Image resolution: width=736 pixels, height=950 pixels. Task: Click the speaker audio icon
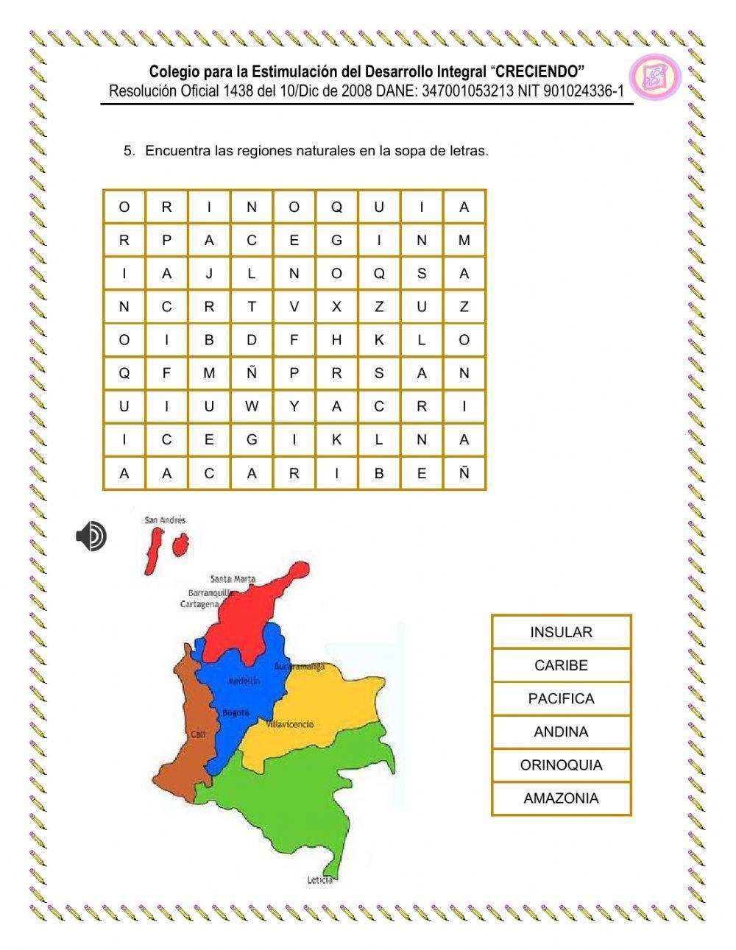pos(91,536)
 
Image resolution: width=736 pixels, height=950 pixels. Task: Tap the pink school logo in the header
pos(654,77)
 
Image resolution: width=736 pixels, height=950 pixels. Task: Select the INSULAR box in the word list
pos(561,632)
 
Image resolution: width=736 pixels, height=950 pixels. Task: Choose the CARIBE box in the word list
pos(561,665)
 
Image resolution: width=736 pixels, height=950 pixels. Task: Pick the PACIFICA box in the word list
pos(561,698)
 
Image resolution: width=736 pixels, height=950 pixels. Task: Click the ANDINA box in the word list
pos(561,731)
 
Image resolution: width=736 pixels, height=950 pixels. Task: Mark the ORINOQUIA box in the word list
pos(561,765)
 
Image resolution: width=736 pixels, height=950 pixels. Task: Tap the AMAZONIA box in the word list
pos(561,798)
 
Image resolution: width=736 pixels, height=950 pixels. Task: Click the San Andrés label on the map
pos(165,520)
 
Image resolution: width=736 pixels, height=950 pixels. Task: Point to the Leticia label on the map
pos(320,880)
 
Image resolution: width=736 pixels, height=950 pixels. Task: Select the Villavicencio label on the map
pos(289,724)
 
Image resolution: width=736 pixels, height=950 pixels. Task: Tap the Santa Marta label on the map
pos(233,578)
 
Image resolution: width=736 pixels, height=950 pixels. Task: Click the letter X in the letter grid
pos(336,307)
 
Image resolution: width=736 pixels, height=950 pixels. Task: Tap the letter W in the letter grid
pos(252,406)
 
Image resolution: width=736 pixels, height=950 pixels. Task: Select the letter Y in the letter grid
pos(294,406)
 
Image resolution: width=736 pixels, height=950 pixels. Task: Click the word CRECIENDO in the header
pos(539,71)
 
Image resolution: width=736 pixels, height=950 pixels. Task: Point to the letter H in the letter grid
pos(336,340)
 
